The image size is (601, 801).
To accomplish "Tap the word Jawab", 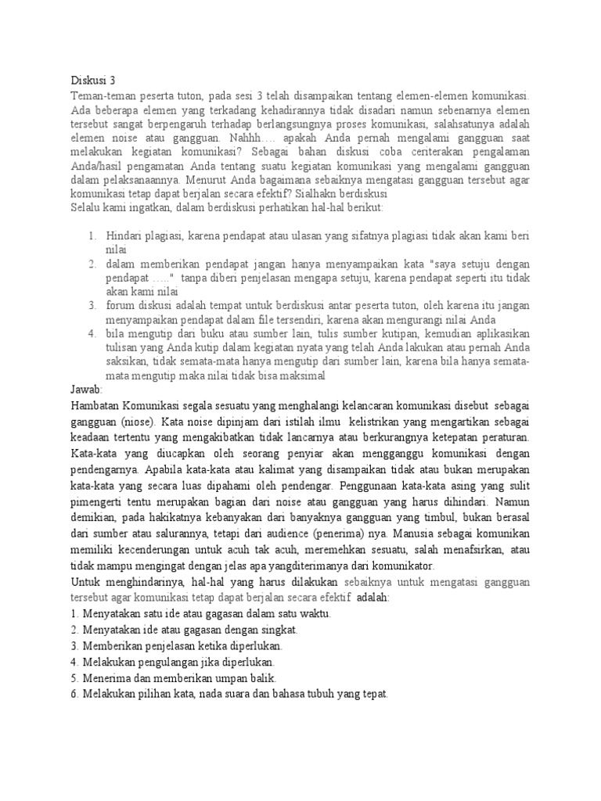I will [87, 389].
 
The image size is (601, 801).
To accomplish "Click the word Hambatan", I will [95, 405].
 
